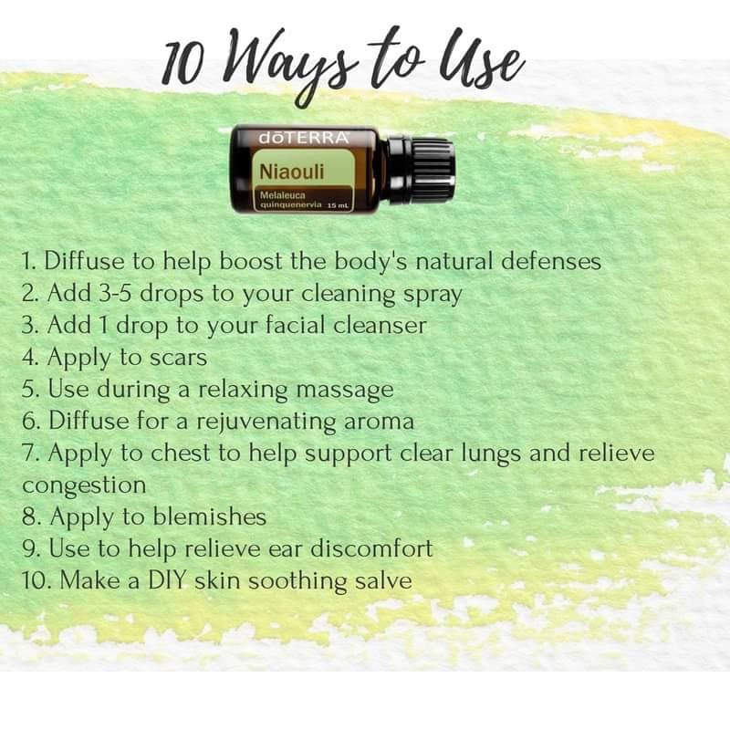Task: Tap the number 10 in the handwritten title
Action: click(x=183, y=65)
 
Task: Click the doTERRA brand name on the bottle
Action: click(x=304, y=139)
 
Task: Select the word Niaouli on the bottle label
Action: click(x=291, y=172)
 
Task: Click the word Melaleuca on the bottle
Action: click(x=283, y=195)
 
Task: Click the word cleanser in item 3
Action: click(x=380, y=325)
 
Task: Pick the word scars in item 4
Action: click(x=178, y=358)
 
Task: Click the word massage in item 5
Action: click(x=345, y=391)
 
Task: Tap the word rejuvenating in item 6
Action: click(x=266, y=422)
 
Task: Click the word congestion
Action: click(x=84, y=485)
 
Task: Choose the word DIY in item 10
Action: click(x=167, y=580)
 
